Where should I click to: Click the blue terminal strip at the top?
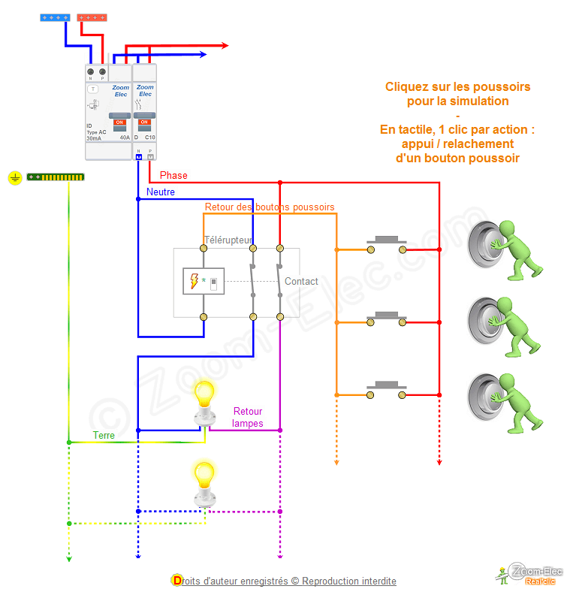pyautogui.click(x=55, y=17)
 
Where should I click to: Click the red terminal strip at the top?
pyautogui.click(x=92, y=17)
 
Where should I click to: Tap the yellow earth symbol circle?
pyautogui.click(x=14, y=178)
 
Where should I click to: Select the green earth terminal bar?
pyautogui.click(x=56, y=177)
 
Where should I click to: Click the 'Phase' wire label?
pyautogui.click(x=173, y=176)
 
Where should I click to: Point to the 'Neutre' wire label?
pyautogui.click(x=161, y=192)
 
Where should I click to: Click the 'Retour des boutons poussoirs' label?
pyautogui.click(x=270, y=207)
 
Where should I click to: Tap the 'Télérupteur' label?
pyautogui.click(x=228, y=240)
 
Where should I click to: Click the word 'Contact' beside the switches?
pyautogui.click(x=301, y=282)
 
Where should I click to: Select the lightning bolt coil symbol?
pyautogui.click(x=195, y=281)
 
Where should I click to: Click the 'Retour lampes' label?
pyautogui.click(x=248, y=417)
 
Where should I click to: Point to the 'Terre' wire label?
pyautogui.click(x=104, y=436)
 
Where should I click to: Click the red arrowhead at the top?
pyautogui.click(x=224, y=46)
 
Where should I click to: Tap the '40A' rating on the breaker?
pyautogui.click(x=125, y=138)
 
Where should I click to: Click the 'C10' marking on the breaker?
pyautogui.click(x=149, y=138)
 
